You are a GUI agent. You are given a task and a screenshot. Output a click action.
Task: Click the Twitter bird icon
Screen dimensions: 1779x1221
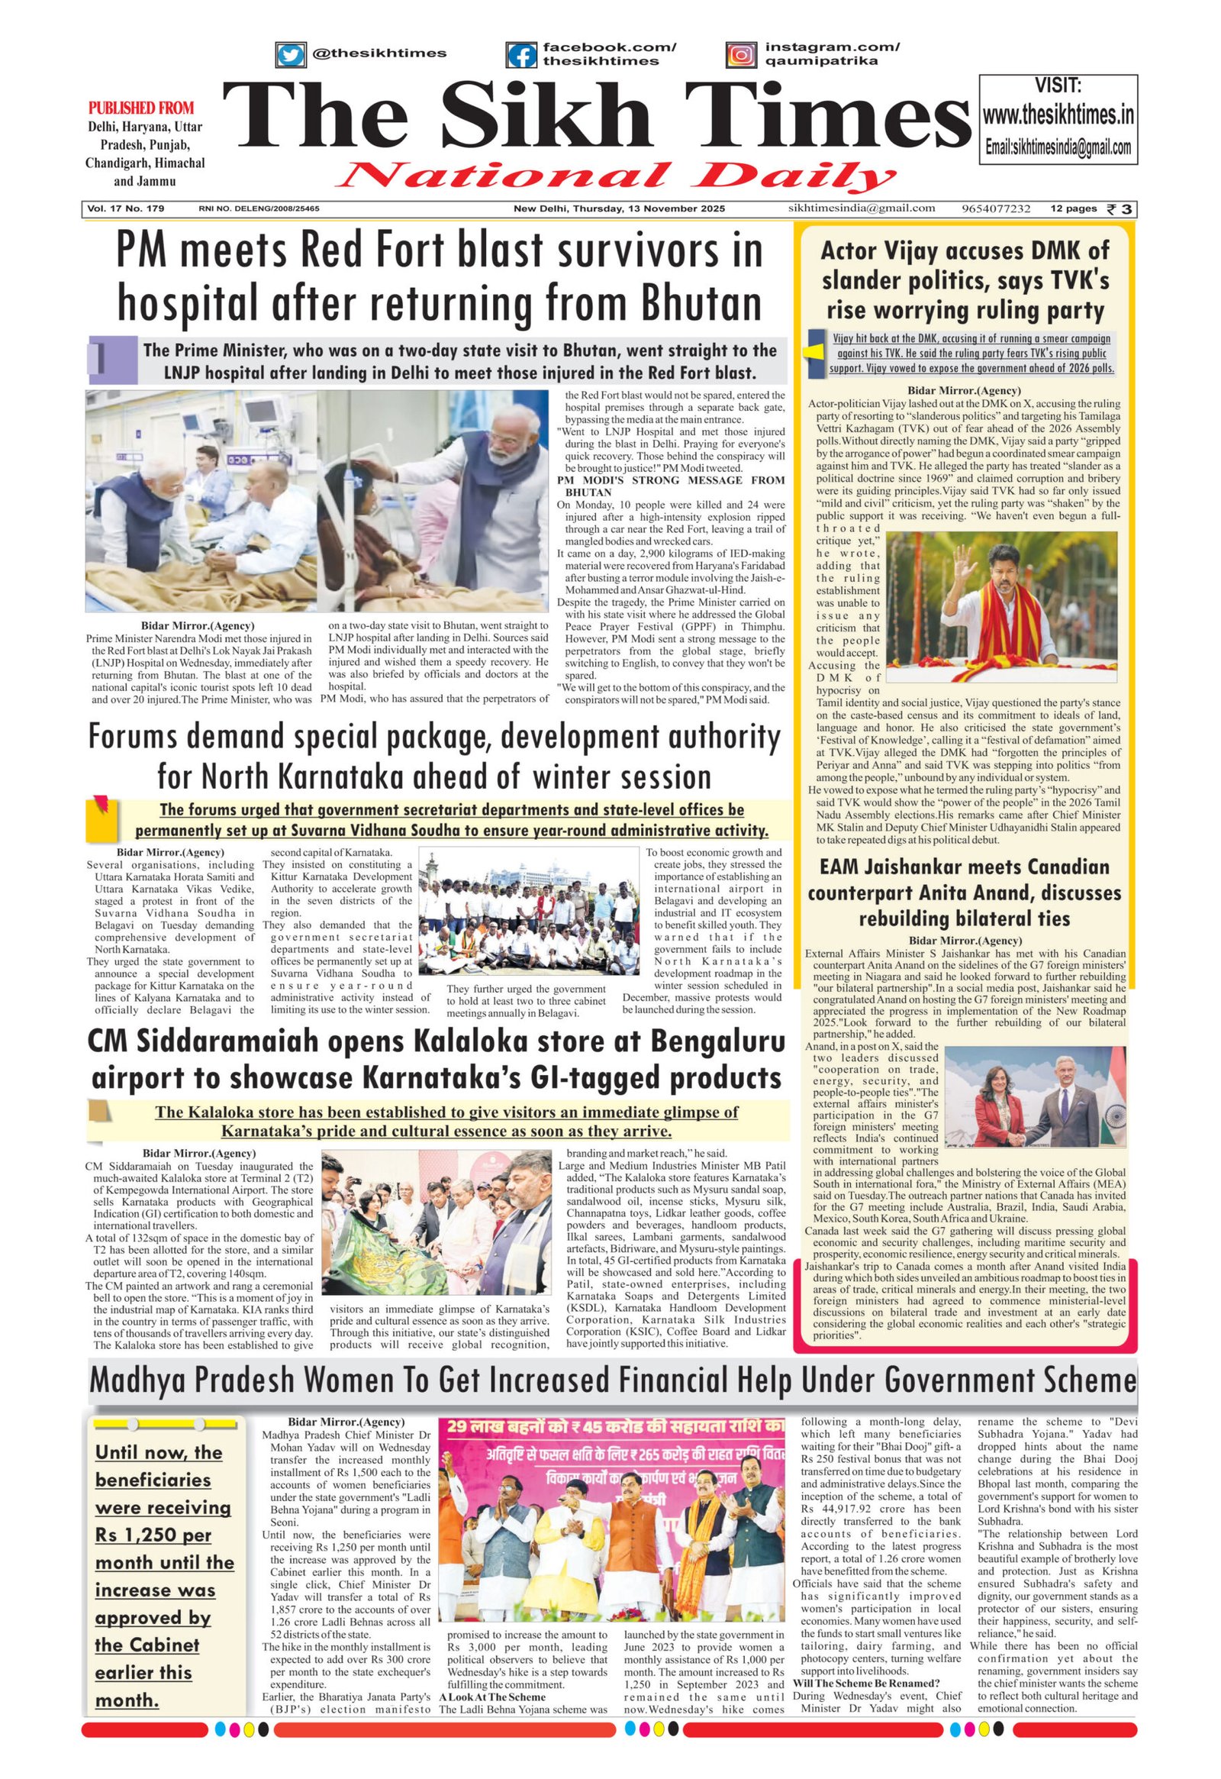click(290, 54)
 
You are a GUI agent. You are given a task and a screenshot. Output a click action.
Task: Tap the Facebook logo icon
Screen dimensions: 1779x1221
click(522, 55)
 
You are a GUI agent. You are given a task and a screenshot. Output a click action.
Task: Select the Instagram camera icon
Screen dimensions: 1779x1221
click(740, 54)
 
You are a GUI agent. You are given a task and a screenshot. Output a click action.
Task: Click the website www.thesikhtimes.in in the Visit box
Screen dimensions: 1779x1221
click(1058, 115)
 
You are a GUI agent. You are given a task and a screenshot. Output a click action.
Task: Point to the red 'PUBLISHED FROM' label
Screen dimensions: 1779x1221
click(140, 108)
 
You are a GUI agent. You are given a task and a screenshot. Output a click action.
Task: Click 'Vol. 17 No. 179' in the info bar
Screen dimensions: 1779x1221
click(125, 208)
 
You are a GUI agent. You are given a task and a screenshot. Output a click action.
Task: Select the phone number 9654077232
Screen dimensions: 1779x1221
click(996, 208)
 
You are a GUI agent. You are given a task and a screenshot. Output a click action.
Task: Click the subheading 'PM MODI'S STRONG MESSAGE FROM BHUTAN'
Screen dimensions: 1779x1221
click(670, 486)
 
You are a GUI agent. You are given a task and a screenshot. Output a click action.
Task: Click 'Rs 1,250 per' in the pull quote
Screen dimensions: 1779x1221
click(153, 1535)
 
